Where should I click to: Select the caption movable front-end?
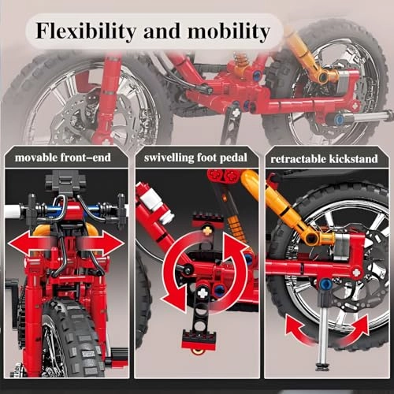(x=69, y=158)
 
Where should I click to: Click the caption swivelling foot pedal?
(x=196, y=158)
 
